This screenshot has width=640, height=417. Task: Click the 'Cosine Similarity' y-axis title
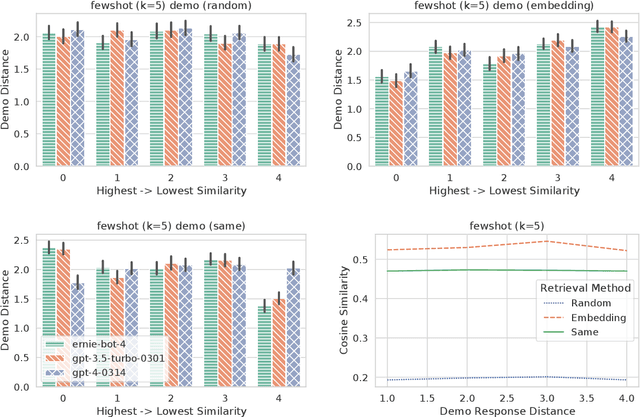[x=344, y=315]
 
